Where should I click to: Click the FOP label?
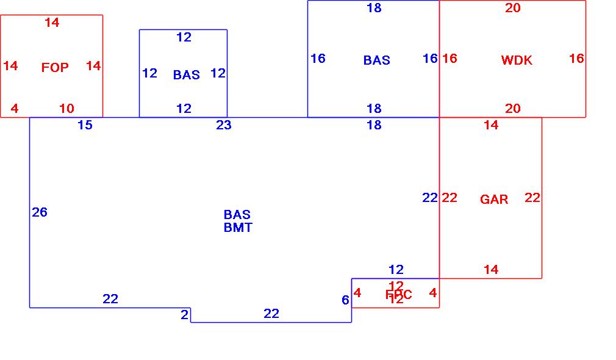(55, 68)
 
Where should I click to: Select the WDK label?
(517, 60)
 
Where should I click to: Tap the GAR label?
(494, 200)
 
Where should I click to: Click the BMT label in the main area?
(238, 228)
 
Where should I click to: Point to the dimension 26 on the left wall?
(40, 212)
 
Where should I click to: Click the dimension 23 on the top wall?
(224, 125)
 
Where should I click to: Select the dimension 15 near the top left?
(85, 125)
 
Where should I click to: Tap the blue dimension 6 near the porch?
(345, 300)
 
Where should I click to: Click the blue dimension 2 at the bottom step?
(184, 315)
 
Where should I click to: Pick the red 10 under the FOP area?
(66, 109)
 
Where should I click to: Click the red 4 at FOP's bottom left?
(15, 109)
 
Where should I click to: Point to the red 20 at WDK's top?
(513, 8)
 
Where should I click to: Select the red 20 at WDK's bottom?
(513, 109)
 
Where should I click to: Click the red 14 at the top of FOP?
(52, 23)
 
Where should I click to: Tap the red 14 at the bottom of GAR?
(491, 269)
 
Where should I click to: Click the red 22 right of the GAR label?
(532, 198)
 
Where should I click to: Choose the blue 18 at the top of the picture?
(374, 8)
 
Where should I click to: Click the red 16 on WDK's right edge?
(576, 59)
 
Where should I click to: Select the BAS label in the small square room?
(186, 75)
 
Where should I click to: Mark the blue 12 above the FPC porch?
(396, 269)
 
